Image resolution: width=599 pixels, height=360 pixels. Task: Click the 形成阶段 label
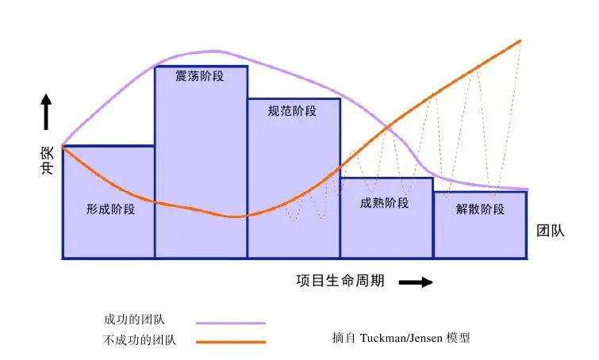[x=110, y=210]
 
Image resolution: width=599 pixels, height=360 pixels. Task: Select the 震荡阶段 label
[x=200, y=77]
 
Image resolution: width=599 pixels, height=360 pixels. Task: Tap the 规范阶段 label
[x=293, y=111]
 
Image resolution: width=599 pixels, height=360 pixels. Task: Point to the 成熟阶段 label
[x=385, y=203]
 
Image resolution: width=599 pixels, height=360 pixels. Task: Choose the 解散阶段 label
[x=480, y=210]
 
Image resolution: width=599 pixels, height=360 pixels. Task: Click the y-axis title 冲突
[x=47, y=158]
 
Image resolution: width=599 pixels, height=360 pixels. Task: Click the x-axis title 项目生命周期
[x=340, y=281]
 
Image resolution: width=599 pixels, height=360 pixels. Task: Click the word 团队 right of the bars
[x=550, y=232]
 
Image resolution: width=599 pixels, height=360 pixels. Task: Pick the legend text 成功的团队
[x=135, y=320]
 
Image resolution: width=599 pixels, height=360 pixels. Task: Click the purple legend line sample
[x=230, y=323]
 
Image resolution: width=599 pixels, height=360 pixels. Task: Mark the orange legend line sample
[x=230, y=343]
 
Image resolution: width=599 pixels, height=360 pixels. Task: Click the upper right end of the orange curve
[x=520, y=40]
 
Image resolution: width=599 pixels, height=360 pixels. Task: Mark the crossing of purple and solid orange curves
[x=387, y=128]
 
